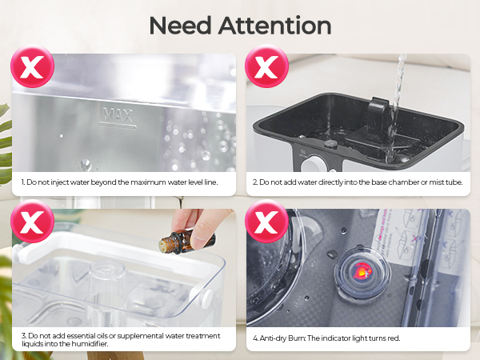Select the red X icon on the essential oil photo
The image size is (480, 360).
point(32,224)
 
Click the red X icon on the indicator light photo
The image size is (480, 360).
point(266,224)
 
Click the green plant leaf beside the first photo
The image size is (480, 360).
point(6,140)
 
